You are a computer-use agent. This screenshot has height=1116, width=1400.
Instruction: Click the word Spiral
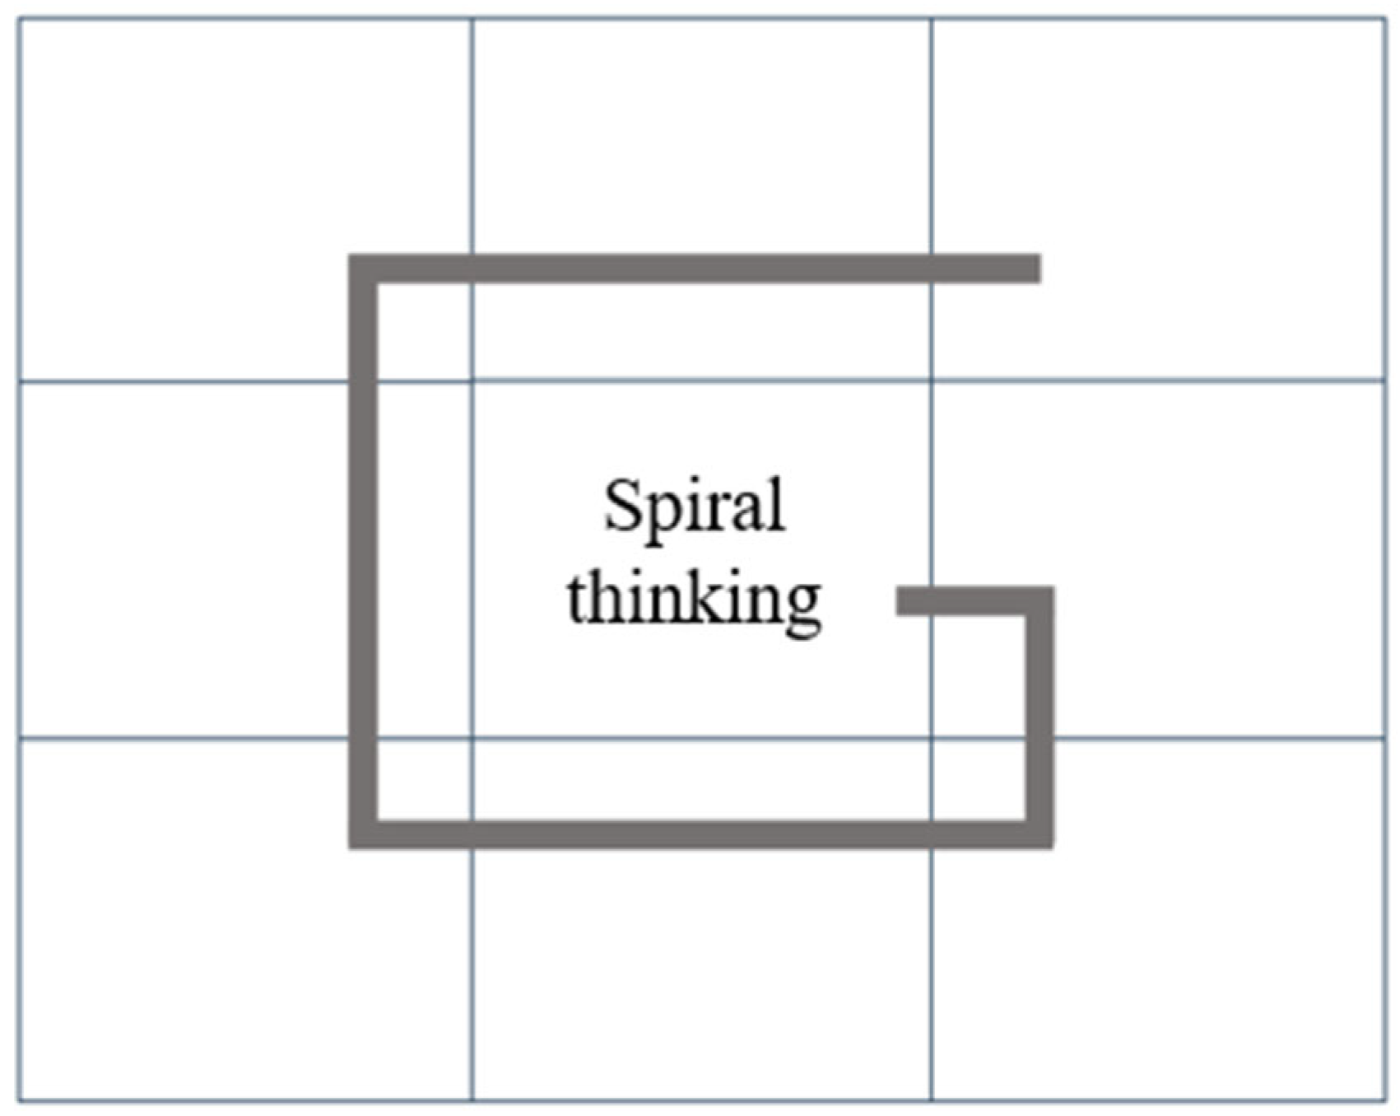tap(694, 506)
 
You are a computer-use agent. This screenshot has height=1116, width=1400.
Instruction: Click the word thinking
tap(694, 600)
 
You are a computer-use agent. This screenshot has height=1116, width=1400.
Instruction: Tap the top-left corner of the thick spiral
tap(363, 269)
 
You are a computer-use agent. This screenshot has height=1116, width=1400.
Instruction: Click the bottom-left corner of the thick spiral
tap(363, 834)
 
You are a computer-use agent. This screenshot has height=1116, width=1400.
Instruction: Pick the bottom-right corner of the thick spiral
tap(1040, 834)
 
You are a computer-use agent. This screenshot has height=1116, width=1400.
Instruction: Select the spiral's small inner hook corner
tap(1040, 601)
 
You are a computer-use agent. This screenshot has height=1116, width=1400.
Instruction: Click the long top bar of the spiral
tap(700, 269)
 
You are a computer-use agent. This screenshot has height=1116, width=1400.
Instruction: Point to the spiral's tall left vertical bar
tap(363, 552)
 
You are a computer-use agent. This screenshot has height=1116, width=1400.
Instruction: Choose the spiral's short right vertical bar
tap(1040, 717)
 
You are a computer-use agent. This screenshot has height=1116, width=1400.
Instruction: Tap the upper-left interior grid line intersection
tap(472, 381)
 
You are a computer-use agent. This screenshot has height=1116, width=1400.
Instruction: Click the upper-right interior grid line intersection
tap(931, 381)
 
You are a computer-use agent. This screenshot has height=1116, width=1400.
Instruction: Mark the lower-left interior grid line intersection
tap(472, 739)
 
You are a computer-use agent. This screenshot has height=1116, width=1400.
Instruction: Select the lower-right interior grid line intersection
tap(931, 739)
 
